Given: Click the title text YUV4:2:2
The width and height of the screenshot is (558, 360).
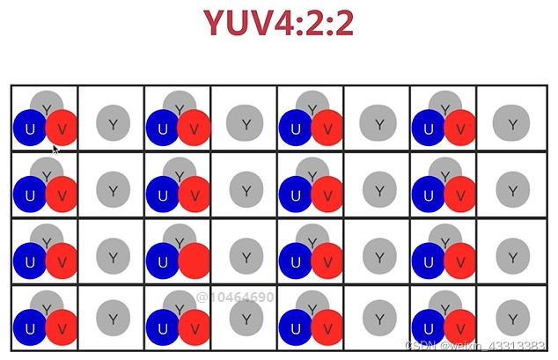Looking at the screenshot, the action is coord(278,24).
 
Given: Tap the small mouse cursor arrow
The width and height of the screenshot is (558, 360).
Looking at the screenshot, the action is coord(55,149).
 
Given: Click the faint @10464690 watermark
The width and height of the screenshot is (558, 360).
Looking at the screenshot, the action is coord(235,298).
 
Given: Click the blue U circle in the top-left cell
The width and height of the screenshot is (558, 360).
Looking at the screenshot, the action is coord(30,129).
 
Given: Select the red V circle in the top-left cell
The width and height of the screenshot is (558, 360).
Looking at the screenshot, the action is coord(62,129).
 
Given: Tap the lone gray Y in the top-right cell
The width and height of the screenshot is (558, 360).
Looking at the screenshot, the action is coord(511,123).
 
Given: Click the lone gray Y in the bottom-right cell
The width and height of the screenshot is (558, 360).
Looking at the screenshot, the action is coord(511,319).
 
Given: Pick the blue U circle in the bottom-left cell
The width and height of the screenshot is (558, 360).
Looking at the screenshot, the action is coord(30,328).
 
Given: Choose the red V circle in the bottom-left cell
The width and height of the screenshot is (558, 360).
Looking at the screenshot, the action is coord(62,328).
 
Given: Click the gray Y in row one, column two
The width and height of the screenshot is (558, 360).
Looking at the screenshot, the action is coord(113,123).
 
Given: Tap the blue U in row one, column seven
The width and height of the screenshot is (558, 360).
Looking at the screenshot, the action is coord(428,129).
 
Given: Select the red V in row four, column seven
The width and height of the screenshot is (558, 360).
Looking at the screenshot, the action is coord(459,328).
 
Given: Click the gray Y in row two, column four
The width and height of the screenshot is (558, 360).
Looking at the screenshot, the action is coord(246,187).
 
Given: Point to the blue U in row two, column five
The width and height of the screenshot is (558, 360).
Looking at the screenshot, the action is coord(296,195).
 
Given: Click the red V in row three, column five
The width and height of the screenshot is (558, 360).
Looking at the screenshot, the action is coord(327,261).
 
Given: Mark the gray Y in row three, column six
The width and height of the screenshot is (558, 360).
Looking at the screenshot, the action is coord(379,256).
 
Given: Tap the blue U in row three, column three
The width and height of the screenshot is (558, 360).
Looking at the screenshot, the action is coord(163,261).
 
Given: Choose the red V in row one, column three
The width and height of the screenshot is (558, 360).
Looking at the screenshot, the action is coord(194,129).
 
